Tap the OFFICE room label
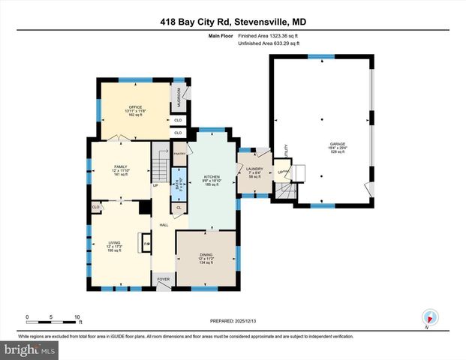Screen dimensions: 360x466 (135, 107)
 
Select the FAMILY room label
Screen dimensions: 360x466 (120, 166)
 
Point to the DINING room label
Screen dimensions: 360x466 (206, 256)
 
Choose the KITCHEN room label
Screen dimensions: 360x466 (211, 177)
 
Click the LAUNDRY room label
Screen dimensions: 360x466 (255, 169)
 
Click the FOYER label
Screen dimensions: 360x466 (164, 279)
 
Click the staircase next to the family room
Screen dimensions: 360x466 (161, 160)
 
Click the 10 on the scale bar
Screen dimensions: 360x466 (77, 316)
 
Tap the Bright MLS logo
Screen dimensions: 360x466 (28, 349)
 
